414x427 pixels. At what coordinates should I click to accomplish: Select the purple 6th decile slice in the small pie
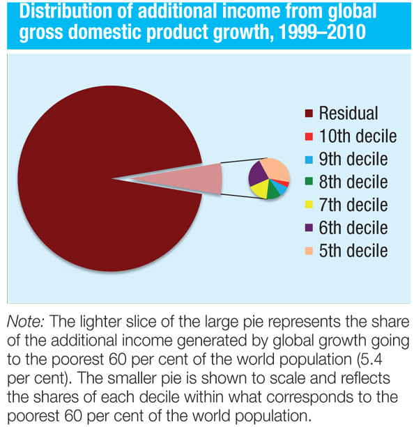[257, 172]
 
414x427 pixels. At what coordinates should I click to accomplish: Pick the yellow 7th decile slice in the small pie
[260, 189]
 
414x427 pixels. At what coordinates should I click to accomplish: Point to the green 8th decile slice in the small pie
[273, 192]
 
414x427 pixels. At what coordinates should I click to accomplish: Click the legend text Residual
[348, 114]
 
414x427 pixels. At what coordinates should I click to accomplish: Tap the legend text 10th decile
[358, 137]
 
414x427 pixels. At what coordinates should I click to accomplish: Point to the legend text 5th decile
[353, 251]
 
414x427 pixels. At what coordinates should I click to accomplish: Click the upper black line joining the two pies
[244, 161]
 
